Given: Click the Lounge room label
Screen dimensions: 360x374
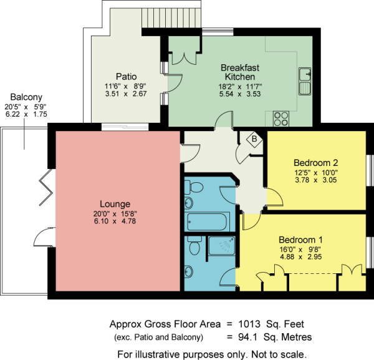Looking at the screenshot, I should click(x=115, y=204).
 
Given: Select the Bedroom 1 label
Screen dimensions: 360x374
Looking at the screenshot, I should click(x=301, y=240).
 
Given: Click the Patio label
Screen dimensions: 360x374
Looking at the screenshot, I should click(x=126, y=77).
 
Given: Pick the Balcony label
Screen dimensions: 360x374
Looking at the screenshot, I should click(x=26, y=97).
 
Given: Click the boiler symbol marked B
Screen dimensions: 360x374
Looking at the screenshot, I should click(x=254, y=139).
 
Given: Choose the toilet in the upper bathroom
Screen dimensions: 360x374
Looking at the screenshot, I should click(x=194, y=186).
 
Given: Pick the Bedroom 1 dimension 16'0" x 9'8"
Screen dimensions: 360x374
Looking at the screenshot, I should click(x=301, y=249).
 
